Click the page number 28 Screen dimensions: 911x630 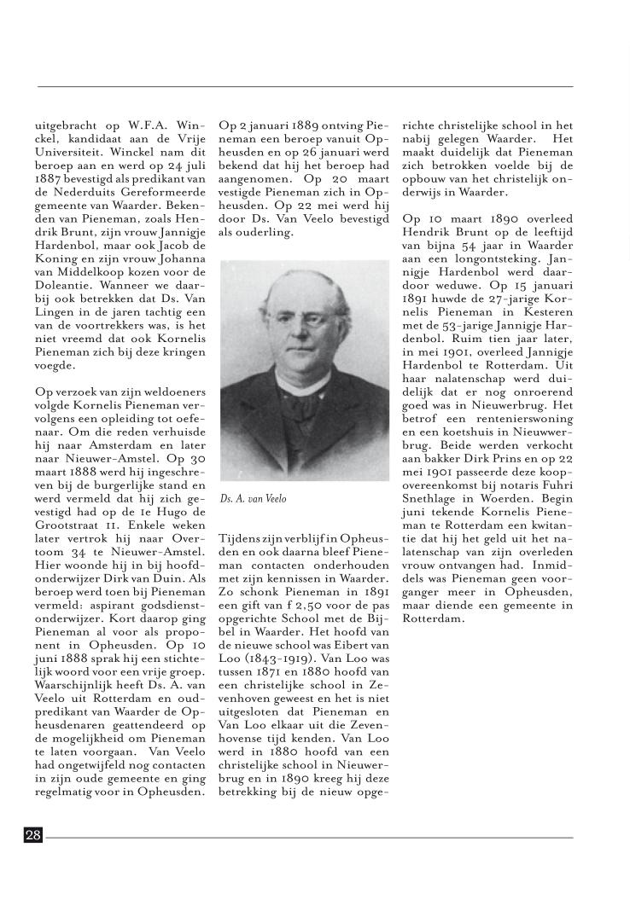tap(33, 835)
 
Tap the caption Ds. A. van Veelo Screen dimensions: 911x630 tap(253, 499)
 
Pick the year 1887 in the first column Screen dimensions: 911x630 tap(50, 180)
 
